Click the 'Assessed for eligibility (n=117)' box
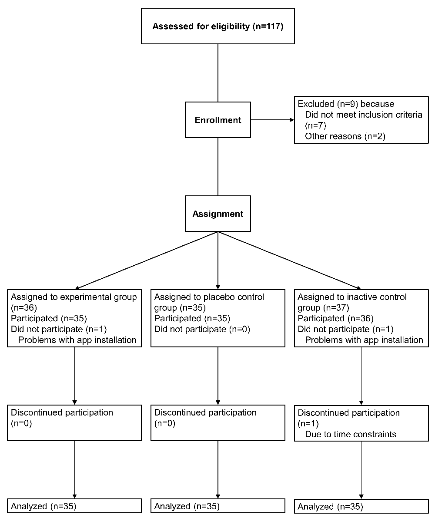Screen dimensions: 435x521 218,26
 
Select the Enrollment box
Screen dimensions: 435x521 218,120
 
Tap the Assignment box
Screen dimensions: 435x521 218,214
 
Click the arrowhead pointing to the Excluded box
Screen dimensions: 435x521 292,120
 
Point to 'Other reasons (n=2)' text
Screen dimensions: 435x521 345,136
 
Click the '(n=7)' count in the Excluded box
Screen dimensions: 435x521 315,125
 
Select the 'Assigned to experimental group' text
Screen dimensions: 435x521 74,297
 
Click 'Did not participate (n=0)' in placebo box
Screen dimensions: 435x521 202,329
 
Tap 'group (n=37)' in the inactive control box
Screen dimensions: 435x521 323,308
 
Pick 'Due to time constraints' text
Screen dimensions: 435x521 351,434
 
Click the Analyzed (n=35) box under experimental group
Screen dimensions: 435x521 74,506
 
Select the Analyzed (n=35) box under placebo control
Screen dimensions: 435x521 218,506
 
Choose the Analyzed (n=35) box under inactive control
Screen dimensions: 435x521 361,506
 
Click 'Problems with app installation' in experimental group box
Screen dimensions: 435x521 77,340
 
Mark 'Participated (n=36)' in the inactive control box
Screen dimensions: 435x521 335,318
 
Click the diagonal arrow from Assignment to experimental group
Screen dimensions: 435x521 147,260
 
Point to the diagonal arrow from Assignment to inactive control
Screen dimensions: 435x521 290,260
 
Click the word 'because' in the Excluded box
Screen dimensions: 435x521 377,104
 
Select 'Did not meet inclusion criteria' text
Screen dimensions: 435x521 364,115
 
